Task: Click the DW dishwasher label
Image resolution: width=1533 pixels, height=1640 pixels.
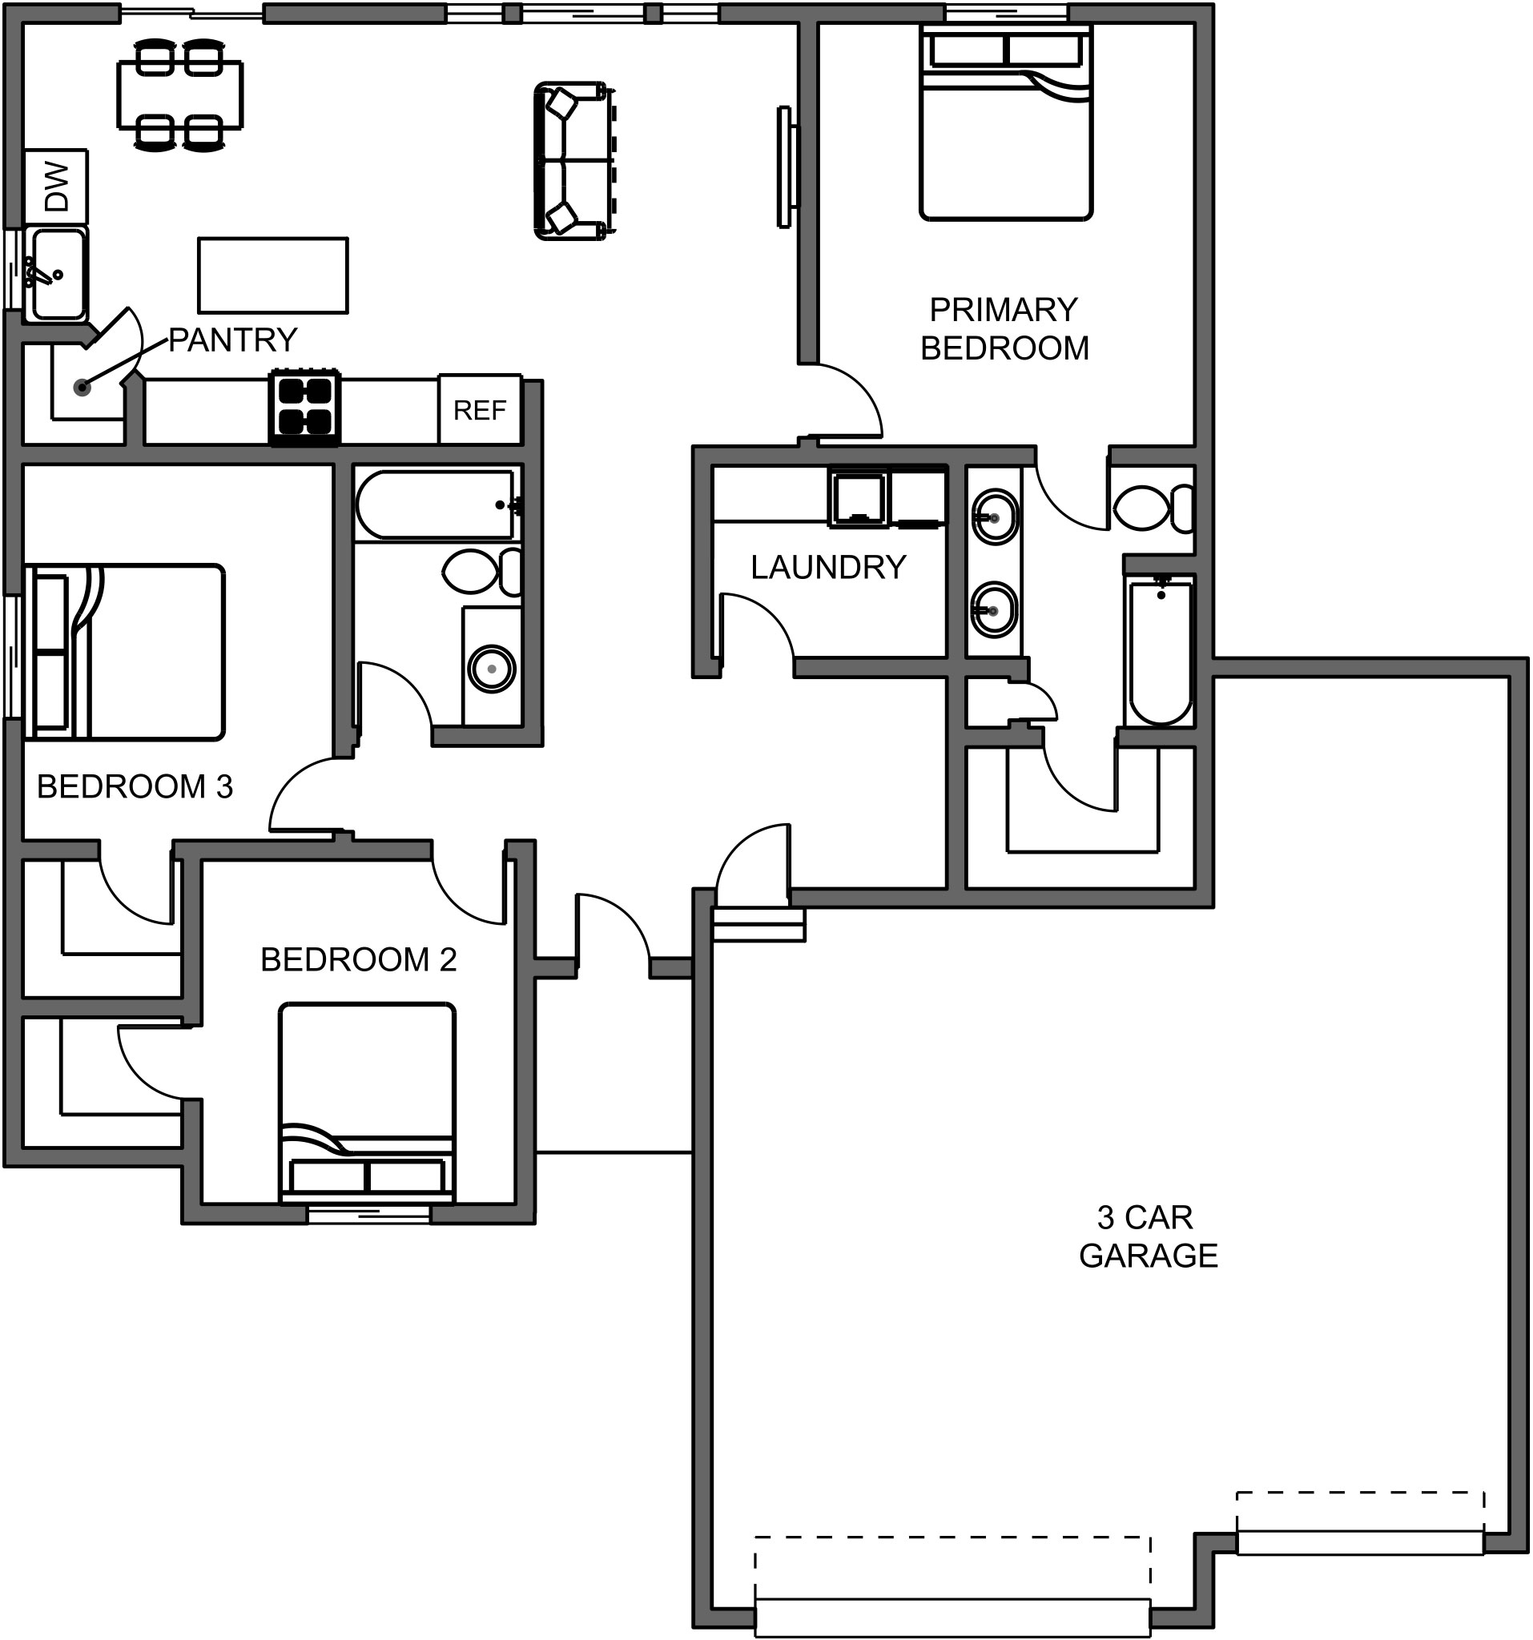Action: (56, 187)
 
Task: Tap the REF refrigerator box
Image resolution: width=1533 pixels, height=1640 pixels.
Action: (480, 410)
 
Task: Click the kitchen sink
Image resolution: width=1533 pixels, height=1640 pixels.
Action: (56, 275)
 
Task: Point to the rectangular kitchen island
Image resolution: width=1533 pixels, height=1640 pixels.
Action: (272, 275)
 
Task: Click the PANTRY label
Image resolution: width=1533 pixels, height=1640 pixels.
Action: (232, 340)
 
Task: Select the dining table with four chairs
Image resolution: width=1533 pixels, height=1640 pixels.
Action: (180, 94)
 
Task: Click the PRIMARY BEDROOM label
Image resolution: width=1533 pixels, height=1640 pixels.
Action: (1004, 329)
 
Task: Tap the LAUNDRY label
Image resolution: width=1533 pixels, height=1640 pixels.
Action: (827, 568)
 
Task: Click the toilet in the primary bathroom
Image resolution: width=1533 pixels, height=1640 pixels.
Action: (1150, 508)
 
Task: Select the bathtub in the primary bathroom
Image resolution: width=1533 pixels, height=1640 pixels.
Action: (1160, 651)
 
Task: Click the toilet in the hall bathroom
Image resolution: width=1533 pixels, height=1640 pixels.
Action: (481, 572)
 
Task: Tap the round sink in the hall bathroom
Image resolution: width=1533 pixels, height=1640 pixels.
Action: (492, 668)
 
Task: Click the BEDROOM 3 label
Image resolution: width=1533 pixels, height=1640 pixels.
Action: (135, 787)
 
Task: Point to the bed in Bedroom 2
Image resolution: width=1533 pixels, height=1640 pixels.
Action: (366, 1103)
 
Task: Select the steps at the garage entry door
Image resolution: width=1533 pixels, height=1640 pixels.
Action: (758, 925)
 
